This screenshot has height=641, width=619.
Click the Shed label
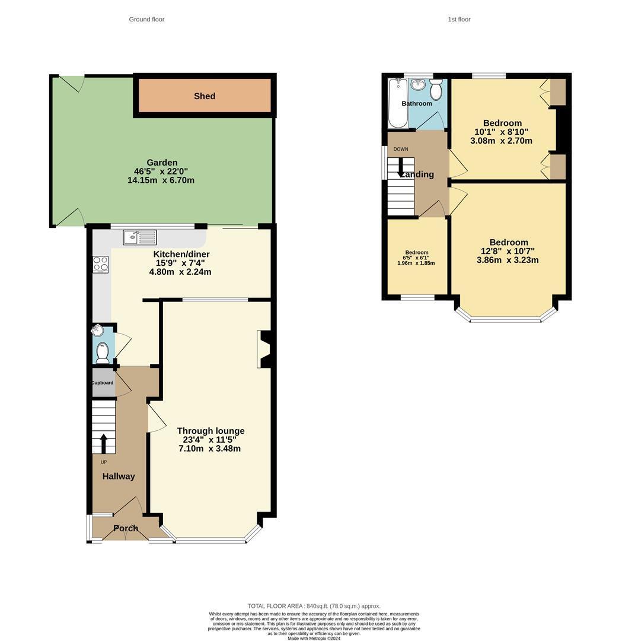coord(205,96)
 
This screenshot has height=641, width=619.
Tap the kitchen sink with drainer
coord(140,237)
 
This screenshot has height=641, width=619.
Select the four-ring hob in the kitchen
coord(101,264)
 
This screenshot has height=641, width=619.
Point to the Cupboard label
coord(102,383)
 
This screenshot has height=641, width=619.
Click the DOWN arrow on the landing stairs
coord(401,166)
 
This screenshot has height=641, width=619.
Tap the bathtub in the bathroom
coord(398,103)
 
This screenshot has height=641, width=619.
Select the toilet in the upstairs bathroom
coord(436,90)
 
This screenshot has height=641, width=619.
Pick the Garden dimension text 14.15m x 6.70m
coord(161,180)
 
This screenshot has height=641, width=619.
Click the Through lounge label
coord(210,431)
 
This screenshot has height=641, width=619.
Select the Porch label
coord(126,528)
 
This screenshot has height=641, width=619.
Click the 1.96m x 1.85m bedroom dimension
coord(416,263)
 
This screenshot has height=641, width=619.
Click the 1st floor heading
coord(459,20)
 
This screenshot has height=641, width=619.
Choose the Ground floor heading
coord(146,20)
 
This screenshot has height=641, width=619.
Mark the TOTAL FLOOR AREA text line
coord(314,606)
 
